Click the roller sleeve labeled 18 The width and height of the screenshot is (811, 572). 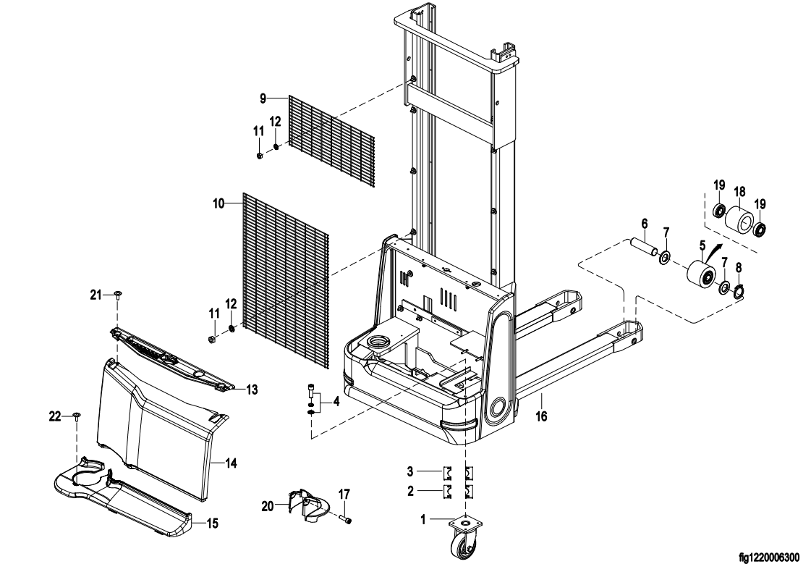[x=738, y=219]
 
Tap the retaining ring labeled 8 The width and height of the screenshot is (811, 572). [x=738, y=292]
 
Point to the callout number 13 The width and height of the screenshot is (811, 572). [x=252, y=390]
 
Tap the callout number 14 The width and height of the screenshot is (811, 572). [x=232, y=461]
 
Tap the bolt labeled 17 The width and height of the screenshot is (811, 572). [x=347, y=518]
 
